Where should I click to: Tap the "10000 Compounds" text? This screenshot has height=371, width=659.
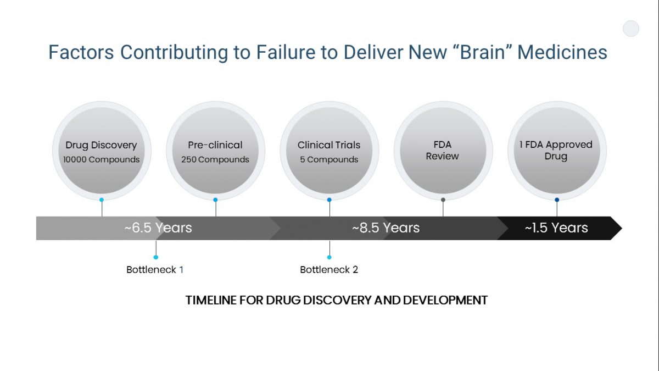click(101, 159)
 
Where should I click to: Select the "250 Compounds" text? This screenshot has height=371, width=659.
click(215, 159)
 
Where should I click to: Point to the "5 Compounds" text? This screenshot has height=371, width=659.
click(329, 159)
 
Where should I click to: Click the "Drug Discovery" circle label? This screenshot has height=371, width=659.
click(101, 145)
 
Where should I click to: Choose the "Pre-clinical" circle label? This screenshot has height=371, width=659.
click(215, 145)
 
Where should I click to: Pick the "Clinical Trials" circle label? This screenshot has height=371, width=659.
click(329, 145)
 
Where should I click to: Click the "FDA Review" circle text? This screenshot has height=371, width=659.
click(443, 151)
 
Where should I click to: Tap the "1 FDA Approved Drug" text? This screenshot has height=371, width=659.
click(556, 151)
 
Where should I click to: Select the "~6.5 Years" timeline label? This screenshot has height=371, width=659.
click(158, 228)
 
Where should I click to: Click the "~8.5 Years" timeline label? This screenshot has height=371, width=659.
click(386, 228)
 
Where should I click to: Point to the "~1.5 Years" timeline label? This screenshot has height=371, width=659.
click(556, 228)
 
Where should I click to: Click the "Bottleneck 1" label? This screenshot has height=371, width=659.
click(155, 270)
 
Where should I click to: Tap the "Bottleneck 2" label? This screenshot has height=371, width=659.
click(329, 270)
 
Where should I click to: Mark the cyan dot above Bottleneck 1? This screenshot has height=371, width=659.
click(156, 257)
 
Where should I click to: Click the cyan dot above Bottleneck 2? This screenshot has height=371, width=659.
click(329, 257)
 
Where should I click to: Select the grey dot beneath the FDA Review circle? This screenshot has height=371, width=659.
click(443, 200)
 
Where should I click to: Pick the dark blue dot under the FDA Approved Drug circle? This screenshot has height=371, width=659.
click(557, 200)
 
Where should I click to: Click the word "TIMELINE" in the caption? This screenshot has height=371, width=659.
click(211, 300)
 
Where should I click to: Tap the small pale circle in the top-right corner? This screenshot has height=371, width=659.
click(631, 29)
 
